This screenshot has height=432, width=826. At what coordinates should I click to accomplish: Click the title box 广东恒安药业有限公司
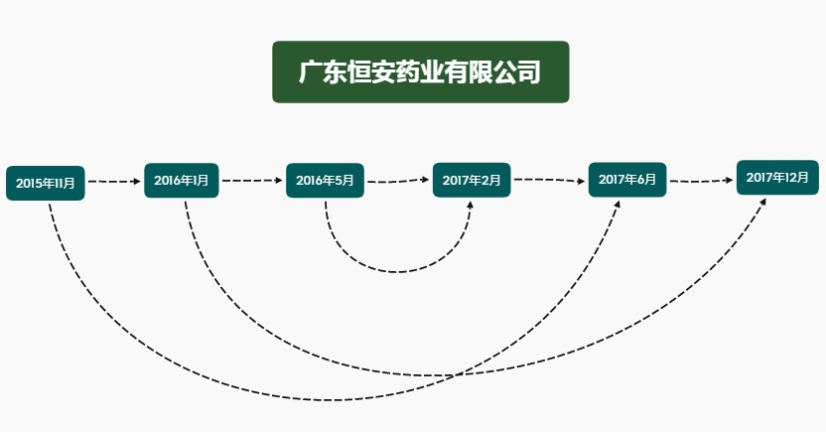(x=420, y=72)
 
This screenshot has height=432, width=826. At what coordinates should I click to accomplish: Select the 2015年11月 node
(x=46, y=183)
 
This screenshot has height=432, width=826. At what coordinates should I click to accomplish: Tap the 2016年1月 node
(x=181, y=180)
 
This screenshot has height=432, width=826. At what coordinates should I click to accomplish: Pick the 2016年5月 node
(x=326, y=180)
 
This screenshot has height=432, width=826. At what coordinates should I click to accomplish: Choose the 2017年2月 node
(x=472, y=180)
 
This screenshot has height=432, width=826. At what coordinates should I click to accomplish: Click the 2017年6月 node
(x=627, y=180)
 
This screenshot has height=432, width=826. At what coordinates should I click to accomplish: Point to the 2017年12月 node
(x=777, y=177)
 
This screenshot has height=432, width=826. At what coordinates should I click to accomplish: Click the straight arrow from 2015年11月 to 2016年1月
(x=114, y=182)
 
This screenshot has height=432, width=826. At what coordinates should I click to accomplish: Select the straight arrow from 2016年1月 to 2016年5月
(x=251, y=181)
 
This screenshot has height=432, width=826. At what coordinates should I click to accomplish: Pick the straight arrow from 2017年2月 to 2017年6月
(x=549, y=180)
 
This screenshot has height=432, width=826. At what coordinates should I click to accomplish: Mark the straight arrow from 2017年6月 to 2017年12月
(x=701, y=181)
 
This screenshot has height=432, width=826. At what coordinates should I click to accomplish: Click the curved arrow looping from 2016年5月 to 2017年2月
(x=397, y=271)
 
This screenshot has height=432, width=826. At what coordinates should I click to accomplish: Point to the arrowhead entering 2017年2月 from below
(x=471, y=205)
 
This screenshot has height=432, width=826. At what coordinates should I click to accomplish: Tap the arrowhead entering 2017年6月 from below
(x=618, y=204)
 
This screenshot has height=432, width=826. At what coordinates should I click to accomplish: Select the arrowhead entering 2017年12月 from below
(x=764, y=202)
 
